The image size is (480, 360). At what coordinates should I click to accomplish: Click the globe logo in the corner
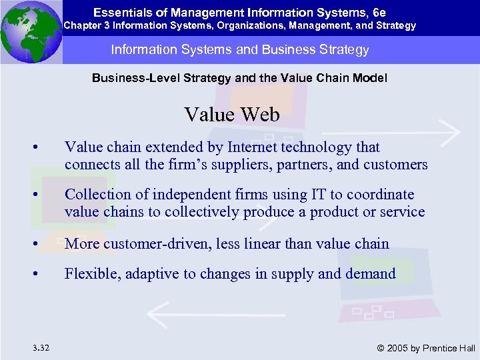click(31, 32)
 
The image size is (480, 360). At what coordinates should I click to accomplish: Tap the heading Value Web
click(232, 115)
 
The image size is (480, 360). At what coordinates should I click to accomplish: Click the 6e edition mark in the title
click(378, 11)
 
